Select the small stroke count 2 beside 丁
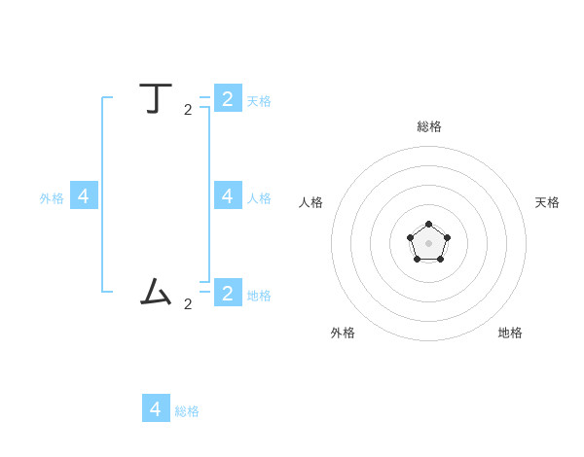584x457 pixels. click(x=188, y=110)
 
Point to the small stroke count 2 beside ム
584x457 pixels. click(x=188, y=304)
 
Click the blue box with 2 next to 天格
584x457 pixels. click(x=228, y=98)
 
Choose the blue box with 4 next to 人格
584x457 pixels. click(x=228, y=195)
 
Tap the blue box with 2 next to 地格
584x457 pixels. click(x=228, y=293)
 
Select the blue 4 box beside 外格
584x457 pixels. click(x=84, y=195)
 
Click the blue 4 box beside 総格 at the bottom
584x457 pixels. click(x=156, y=408)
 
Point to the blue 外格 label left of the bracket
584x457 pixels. click(x=52, y=198)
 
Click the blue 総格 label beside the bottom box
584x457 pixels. click(x=187, y=411)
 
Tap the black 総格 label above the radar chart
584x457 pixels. click(x=429, y=126)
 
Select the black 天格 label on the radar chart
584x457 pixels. click(x=547, y=202)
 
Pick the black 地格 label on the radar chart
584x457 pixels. click(x=510, y=333)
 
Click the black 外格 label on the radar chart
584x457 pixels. click(x=343, y=333)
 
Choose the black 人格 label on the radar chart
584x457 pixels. click(x=310, y=202)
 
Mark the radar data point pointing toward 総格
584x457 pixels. click(x=428, y=225)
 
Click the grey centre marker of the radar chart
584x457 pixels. click(x=428, y=243)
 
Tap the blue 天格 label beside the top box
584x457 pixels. click(x=259, y=101)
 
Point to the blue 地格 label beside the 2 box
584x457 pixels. click(x=259, y=296)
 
